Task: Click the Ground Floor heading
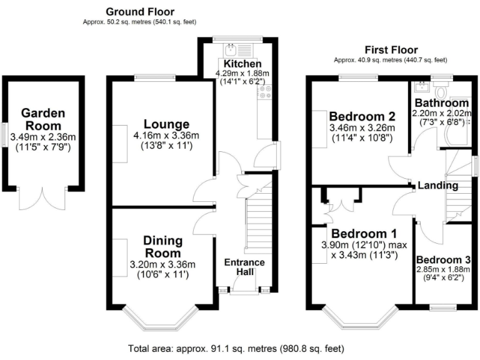(140, 12)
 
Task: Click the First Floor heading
(392, 50)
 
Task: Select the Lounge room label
(166, 124)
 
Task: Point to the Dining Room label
(162, 247)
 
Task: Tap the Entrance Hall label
(244, 267)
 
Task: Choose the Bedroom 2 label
(362, 116)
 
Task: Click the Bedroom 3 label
(444, 260)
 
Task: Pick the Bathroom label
(442, 102)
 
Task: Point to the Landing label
(437, 186)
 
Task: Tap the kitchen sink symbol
(229, 47)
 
